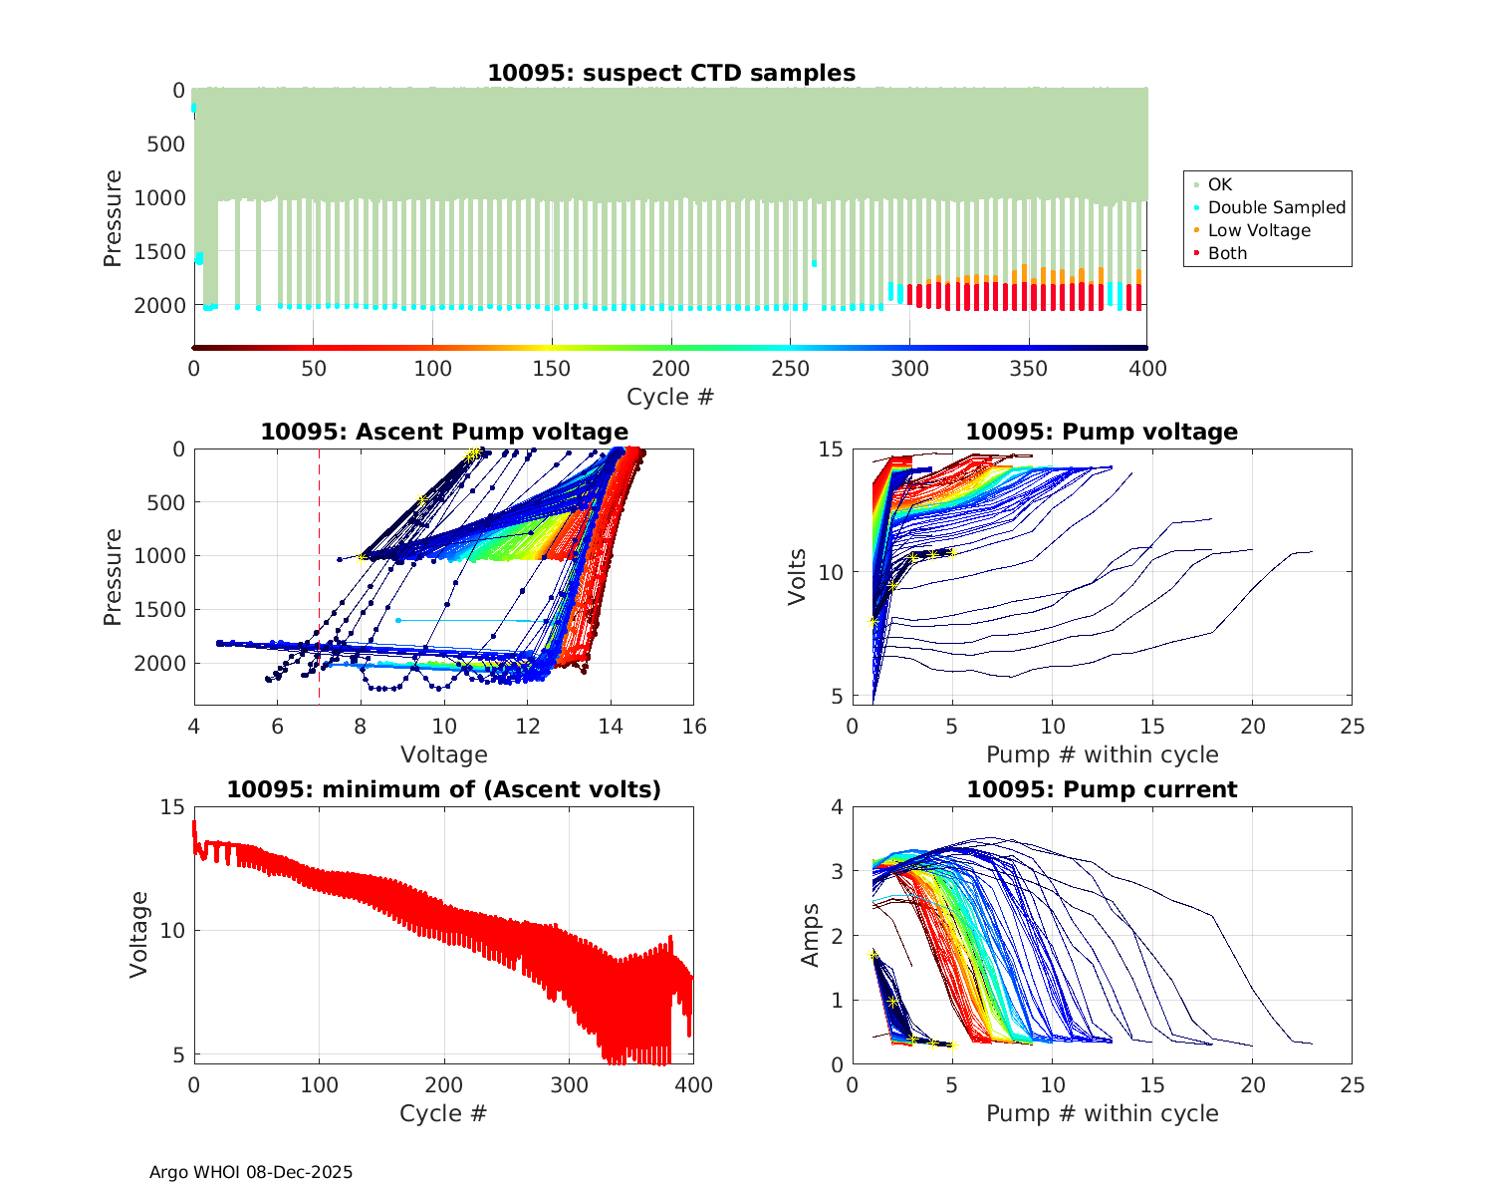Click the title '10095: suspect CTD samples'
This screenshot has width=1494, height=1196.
(670, 73)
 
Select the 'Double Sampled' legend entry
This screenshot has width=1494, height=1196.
(1276, 207)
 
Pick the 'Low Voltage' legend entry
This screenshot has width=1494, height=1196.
(1259, 230)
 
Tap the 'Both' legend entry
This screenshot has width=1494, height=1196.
(1227, 253)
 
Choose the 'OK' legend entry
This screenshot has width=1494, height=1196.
(1219, 184)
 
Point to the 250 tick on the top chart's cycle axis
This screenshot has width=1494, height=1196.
(790, 369)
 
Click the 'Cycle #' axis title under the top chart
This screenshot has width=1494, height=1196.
(670, 397)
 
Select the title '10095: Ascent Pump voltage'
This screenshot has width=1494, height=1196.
(444, 432)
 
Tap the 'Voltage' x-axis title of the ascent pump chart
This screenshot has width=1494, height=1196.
(444, 754)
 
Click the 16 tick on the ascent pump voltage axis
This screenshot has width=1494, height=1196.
(694, 727)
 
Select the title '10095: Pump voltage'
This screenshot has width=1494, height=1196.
(1102, 432)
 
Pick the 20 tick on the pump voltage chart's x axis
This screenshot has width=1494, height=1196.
(1252, 727)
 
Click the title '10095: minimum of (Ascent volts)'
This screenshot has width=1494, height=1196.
(444, 789)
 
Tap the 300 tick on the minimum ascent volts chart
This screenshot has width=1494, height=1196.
(569, 1084)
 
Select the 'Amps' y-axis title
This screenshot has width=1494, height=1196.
(811, 935)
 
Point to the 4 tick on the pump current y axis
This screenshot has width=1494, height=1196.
(837, 807)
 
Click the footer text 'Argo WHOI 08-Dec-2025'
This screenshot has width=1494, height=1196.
(251, 1172)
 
